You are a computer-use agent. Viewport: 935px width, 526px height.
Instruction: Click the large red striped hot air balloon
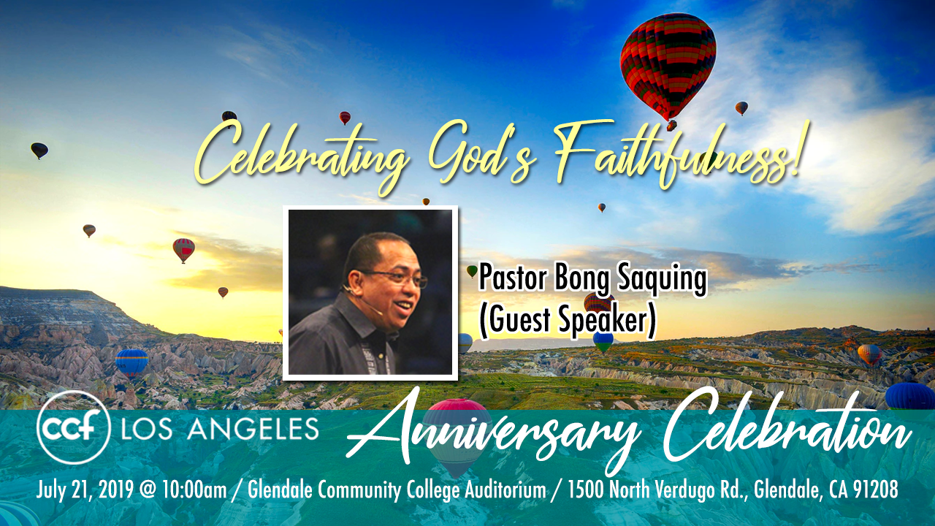coord(668,66)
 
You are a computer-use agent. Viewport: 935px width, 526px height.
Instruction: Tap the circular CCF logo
coord(74,427)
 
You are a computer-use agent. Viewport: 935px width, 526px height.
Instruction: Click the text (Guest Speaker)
coord(568,320)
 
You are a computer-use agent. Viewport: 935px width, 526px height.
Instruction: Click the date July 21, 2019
coord(85,489)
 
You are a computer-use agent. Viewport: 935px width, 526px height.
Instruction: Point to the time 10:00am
coord(194,489)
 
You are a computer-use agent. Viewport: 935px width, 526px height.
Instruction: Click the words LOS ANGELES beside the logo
coord(220,428)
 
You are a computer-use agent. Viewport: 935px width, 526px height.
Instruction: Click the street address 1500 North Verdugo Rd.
coord(659,489)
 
